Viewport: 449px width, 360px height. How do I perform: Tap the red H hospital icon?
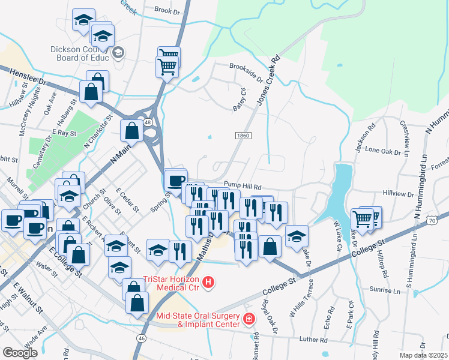click(208, 281)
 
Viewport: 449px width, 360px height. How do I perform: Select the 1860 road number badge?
click(242, 137)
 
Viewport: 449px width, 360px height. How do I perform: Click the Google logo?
click(20, 352)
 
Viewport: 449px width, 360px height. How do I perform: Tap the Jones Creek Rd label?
click(270, 81)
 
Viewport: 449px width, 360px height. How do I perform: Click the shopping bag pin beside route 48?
click(132, 130)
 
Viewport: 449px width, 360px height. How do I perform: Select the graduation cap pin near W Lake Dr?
click(297, 236)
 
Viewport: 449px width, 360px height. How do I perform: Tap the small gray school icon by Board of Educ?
click(118, 53)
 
